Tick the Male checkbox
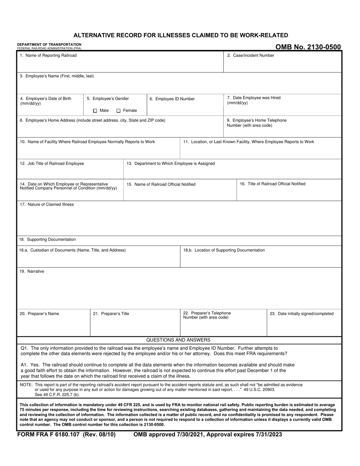pos(95,111)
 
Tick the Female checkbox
pos(119,111)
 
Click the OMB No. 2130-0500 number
pos(308,47)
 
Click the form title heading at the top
pos(180,35)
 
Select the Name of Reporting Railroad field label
pos(48,55)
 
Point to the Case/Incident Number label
pos(250,55)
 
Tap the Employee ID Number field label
pos(172,99)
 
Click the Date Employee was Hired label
pos(254,98)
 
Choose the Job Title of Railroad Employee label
pos(52,164)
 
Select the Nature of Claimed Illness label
pos(47,205)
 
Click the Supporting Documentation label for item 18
pos(47,239)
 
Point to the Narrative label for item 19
pos(32,271)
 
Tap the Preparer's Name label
pos(39,314)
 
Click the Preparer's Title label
pos(111,314)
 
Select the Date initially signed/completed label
pos(302,314)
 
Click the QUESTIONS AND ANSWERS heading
pos(178,340)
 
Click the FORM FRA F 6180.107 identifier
pos(66,435)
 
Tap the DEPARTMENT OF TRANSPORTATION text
pos(49,44)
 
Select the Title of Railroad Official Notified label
pos(272,184)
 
